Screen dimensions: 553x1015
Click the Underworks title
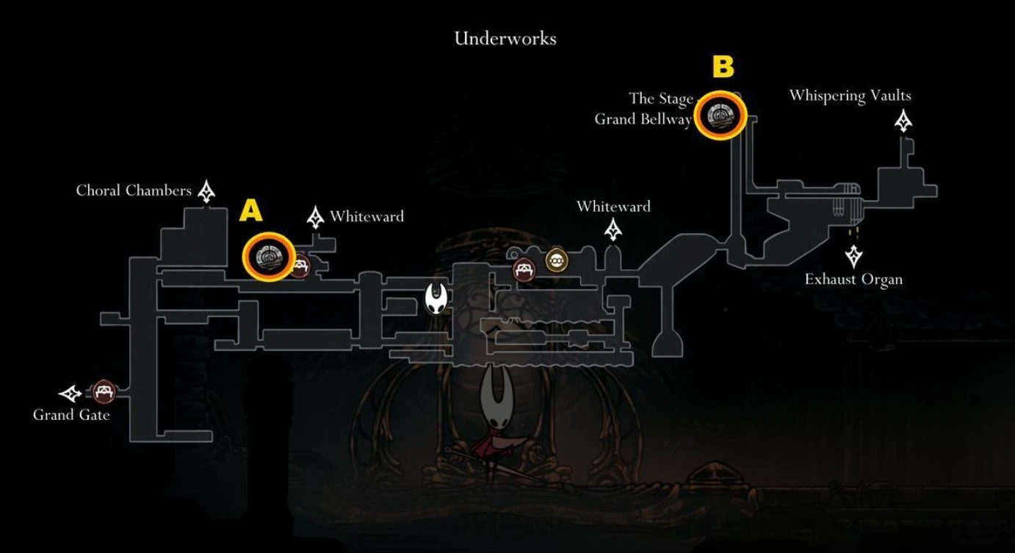click(x=505, y=38)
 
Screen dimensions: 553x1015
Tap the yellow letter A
click(x=250, y=212)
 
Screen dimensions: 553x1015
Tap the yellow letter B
click(x=723, y=68)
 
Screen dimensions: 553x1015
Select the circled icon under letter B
click(x=719, y=115)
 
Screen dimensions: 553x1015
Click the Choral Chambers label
click(x=134, y=191)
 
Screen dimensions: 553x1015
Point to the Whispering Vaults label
click(x=850, y=96)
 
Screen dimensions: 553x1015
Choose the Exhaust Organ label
click(x=853, y=279)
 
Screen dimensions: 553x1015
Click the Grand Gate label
click(x=71, y=415)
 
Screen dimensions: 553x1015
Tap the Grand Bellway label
click(x=643, y=119)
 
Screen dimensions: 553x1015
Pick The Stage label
click(x=661, y=99)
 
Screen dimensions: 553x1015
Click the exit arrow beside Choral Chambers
click(x=206, y=191)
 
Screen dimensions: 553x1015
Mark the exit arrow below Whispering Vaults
click(x=903, y=121)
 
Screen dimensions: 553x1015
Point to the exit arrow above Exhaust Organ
click(x=853, y=256)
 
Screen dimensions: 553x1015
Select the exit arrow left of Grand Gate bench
click(x=71, y=393)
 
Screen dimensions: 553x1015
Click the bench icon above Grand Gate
click(x=104, y=391)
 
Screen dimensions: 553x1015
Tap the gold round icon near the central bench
click(x=556, y=260)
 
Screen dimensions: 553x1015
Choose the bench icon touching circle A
click(x=300, y=265)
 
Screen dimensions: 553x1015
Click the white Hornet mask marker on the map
click(x=436, y=299)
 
